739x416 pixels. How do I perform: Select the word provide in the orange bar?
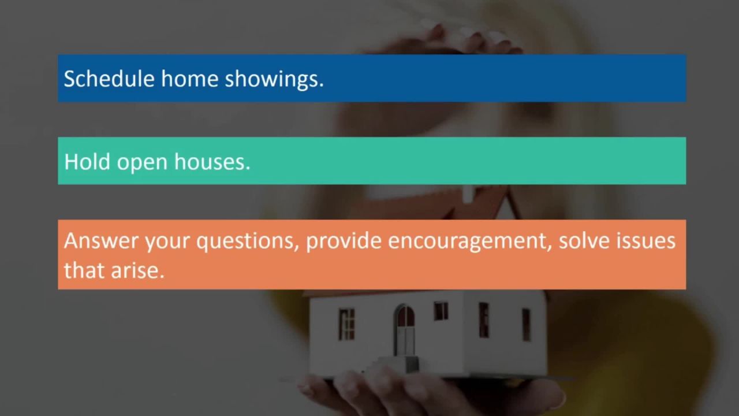pyautogui.click(x=344, y=241)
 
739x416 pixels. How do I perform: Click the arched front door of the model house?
pyautogui.click(x=405, y=330)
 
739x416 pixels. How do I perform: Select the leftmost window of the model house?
pyautogui.click(x=346, y=324)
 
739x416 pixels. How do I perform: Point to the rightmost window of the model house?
pyautogui.click(x=526, y=324)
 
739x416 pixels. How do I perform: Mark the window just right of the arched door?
pyautogui.click(x=441, y=311)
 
